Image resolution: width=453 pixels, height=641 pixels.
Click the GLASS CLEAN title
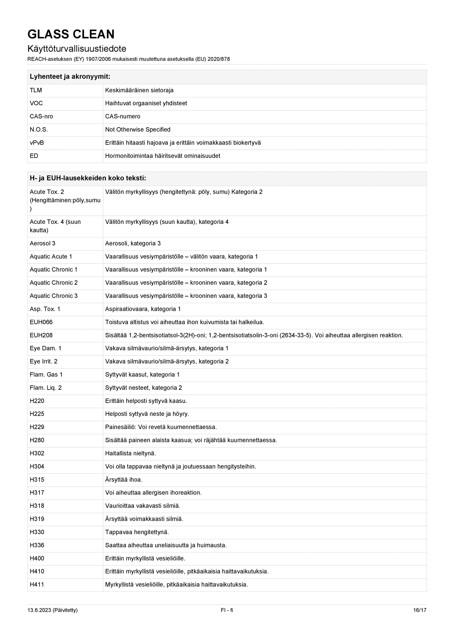pos(71,34)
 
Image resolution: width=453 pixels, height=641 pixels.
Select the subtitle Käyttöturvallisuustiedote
pos(77,49)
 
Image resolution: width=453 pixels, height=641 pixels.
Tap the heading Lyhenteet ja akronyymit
pos(70,77)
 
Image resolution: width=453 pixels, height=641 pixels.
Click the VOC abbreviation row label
pos(36,103)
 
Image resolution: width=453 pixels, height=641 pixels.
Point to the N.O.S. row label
pos(39,130)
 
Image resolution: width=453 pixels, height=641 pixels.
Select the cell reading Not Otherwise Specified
pos(138,130)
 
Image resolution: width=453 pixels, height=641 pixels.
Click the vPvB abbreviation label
pos(37,143)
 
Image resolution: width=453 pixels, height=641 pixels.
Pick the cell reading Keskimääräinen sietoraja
pos(139,90)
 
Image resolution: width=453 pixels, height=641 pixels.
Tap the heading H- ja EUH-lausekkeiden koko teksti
pos(88,178)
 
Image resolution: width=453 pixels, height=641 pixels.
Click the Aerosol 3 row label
pos(43,243)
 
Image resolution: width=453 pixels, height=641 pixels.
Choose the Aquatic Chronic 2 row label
pos(54,283)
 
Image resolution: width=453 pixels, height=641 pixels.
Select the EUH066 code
pos(41,322)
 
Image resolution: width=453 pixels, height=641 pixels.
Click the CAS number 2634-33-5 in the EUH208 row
pos(297,335)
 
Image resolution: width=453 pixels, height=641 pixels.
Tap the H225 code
pos(37,414)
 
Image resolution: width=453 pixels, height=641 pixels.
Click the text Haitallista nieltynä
pos(130,453)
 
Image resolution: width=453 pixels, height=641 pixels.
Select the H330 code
pos(37,532)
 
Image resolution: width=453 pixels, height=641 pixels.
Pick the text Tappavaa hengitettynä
pos(137,532)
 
